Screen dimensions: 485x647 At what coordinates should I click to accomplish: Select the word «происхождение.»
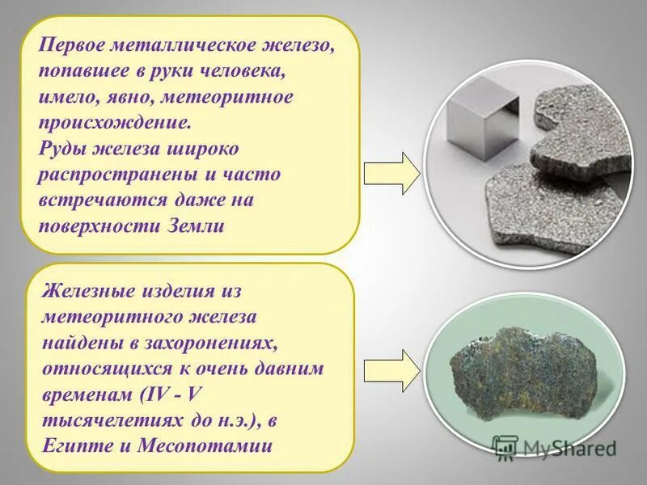(116, 123)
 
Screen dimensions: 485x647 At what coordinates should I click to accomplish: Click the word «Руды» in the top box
(63, 149)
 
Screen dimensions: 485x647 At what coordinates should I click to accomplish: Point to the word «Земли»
(192, 226)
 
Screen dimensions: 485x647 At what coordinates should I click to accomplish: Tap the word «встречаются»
(105, 200)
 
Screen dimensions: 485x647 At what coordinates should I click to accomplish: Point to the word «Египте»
(77, 445)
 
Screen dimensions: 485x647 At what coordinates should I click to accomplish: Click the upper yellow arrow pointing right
(391, 174)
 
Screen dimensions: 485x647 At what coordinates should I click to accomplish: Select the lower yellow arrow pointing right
(391, 369)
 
